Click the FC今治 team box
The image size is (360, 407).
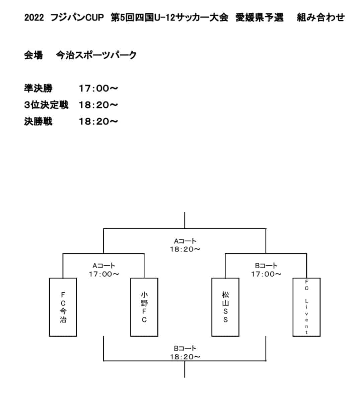[x=63, y=307]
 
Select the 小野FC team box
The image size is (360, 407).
[x=144, y=307]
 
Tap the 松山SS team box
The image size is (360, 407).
[x=225, y=307]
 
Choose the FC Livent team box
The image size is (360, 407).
[x=306, y=307]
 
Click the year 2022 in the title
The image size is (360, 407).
[x=34, y=17]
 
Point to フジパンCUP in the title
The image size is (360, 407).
[x=77, y=17]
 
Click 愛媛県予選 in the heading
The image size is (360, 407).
[x=259, y=17]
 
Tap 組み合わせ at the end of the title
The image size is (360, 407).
[x=321, y=17]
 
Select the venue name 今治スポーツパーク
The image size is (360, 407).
[x=96, y=55]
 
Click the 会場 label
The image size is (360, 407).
[x=33, y=55]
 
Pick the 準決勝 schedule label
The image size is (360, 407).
[x=38, y=88]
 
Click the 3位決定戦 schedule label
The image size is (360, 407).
[x=46, y=105]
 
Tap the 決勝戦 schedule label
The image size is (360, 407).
[x=38, y=121]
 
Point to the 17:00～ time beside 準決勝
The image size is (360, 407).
[x=98, y=89]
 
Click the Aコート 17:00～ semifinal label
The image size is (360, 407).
[x=104, y=270]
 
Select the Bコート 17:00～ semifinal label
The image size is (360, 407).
[x=266, y=270]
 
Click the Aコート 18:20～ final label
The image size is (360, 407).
[x=185, y=245]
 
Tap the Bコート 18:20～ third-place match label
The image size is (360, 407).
[x=185, y=353]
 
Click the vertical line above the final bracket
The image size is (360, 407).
[x=185, y=220]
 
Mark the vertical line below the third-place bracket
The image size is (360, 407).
[x=185, y=369]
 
